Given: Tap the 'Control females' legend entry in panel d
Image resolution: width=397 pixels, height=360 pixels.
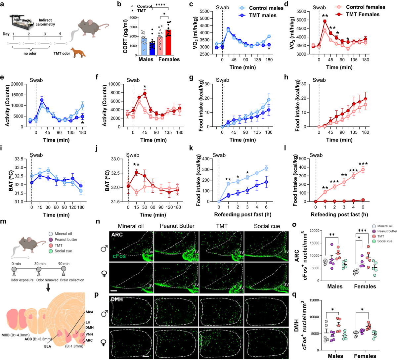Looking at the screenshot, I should [x=365, y=7].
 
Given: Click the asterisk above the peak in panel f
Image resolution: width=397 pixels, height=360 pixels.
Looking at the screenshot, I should [x=145, y=87].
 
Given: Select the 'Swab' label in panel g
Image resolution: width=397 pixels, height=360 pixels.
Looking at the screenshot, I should [x=222, y=80].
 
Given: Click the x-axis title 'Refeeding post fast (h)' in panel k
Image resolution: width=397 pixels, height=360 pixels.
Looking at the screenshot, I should [x=243, y=214].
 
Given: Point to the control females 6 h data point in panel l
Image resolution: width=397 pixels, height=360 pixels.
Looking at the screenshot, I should [x=363, y=170].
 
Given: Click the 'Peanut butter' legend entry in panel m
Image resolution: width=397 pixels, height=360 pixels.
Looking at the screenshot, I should [x=66, y=240].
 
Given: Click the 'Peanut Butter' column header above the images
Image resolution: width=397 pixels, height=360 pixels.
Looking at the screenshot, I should [x=177, y=226].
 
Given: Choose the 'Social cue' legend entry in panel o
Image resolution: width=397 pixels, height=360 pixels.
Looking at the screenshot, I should [x=385, y=241].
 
